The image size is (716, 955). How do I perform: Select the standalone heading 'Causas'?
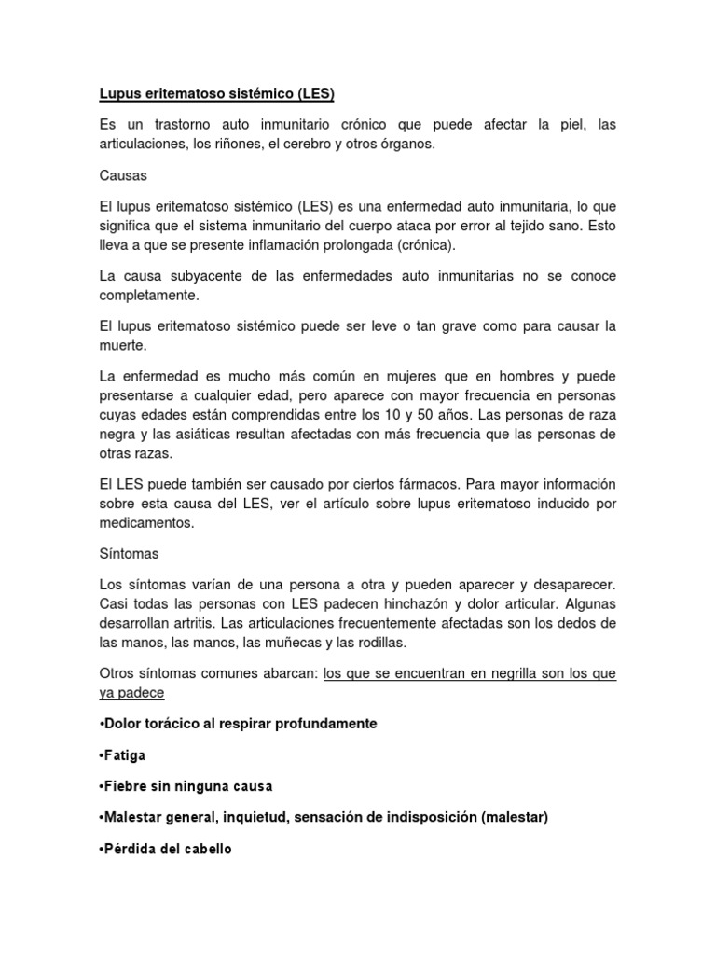tap(123, 174)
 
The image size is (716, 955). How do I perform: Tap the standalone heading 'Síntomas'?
tap(129, 553)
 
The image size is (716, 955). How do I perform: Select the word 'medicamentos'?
tap(146, 523)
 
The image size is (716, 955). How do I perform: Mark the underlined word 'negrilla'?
tap(478, 674)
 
